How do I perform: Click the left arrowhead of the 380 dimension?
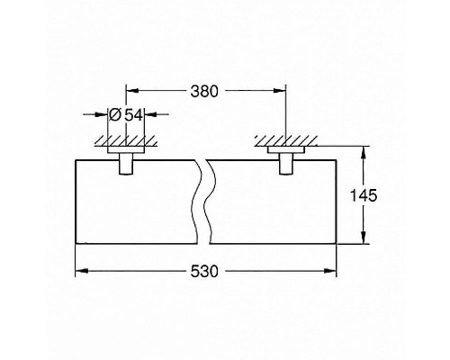pos(129,90)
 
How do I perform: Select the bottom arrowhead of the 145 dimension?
pos(365,240)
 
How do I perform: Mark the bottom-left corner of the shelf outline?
pos(75,246)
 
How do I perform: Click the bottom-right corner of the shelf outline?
pos(337,246)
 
